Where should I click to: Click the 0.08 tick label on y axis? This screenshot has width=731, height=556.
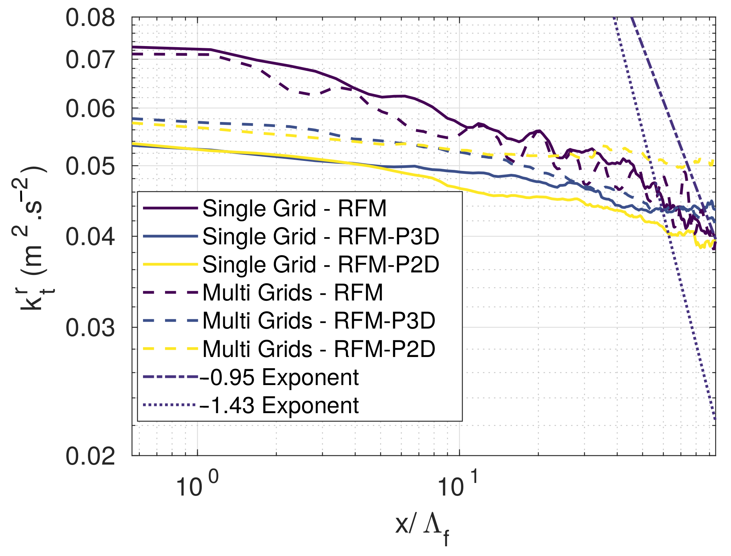click(90, 18)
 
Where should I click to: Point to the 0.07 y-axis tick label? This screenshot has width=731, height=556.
click(90, 60)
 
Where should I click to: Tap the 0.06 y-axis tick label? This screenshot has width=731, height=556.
click(90, 109)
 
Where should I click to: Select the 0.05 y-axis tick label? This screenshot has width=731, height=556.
click(90, 166)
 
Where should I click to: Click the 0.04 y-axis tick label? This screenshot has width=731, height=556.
click(90, 237)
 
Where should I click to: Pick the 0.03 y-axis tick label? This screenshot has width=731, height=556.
click(90, 328)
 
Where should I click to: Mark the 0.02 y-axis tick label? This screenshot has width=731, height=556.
click(90, 456)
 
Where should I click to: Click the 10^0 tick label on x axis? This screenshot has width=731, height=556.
click(196, 485)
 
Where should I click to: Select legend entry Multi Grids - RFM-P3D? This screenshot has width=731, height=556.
click(319, 320)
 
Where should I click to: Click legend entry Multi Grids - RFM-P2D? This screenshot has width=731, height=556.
click(319, 349)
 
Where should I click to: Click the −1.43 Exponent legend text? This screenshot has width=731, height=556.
click(279, 405)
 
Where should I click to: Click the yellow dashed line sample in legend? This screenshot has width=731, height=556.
click(170, 348)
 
